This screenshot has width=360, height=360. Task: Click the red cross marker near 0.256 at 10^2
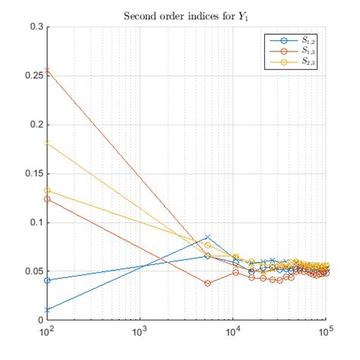pos(47,70)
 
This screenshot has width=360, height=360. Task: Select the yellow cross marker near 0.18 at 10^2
pos(47,142)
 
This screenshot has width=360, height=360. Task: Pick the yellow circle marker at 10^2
pos(47,191)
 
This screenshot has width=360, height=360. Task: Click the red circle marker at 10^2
pos(47,199)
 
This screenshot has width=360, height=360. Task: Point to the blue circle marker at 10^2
pos(47,280)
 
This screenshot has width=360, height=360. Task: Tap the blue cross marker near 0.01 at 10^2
pos(47,309)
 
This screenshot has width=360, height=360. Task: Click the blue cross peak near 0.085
pos(207,237)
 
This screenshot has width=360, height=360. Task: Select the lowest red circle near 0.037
pos(207,283)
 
